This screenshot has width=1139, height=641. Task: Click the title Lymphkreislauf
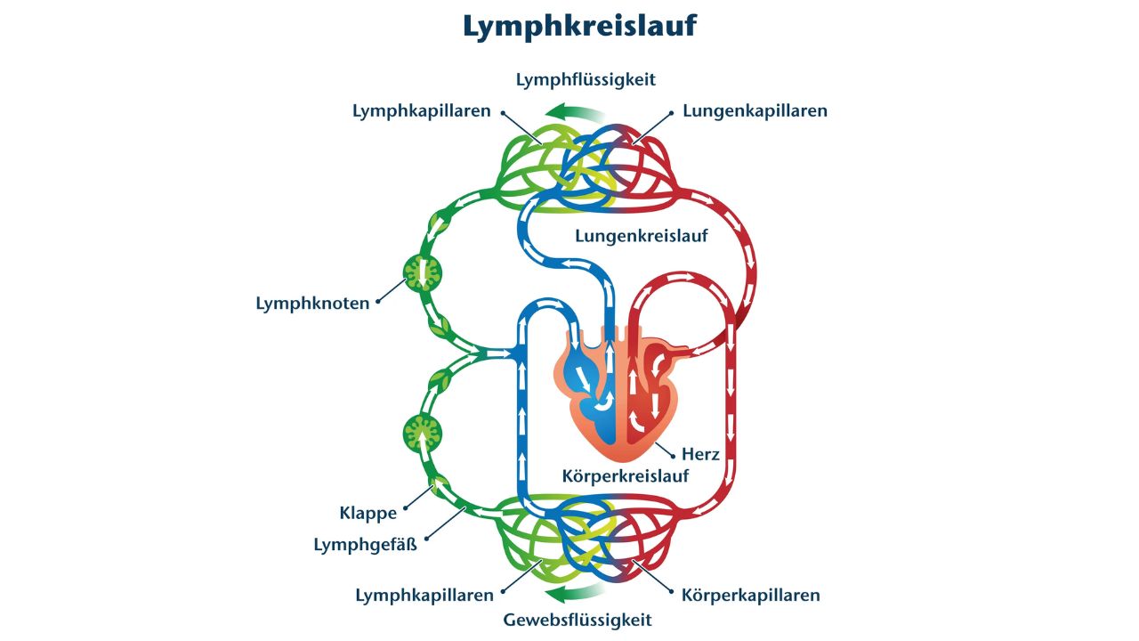click(579, 27)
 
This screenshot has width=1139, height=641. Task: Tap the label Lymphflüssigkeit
click(586, 79)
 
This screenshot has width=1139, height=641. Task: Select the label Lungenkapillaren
click(755, 111)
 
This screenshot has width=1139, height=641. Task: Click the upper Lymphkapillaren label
click(421, 111)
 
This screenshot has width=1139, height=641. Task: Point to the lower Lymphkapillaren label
click(424, 595)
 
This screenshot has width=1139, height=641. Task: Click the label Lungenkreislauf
click(641, 236)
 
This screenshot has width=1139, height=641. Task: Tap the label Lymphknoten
click(312, 304)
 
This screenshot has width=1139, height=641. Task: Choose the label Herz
click(700, 454)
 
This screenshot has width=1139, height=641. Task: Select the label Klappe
click(368, 513)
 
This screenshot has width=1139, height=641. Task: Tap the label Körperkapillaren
click(750, 595)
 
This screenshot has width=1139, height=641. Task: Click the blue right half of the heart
click(588, 392)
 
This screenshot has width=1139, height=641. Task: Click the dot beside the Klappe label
click(407, 510)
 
